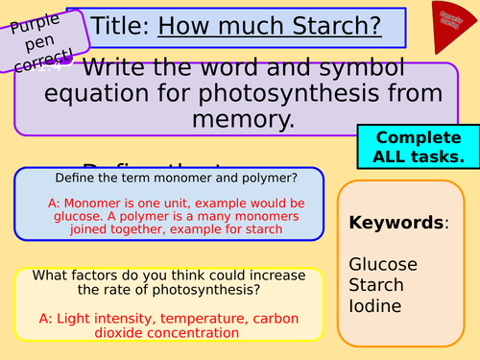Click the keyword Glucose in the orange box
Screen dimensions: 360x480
(x=383, y=264)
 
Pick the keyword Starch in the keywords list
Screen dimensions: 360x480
(x=376, y=286)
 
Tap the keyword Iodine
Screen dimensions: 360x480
(x=376, y=308)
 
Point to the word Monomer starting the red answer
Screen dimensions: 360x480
(x=90, y=204)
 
